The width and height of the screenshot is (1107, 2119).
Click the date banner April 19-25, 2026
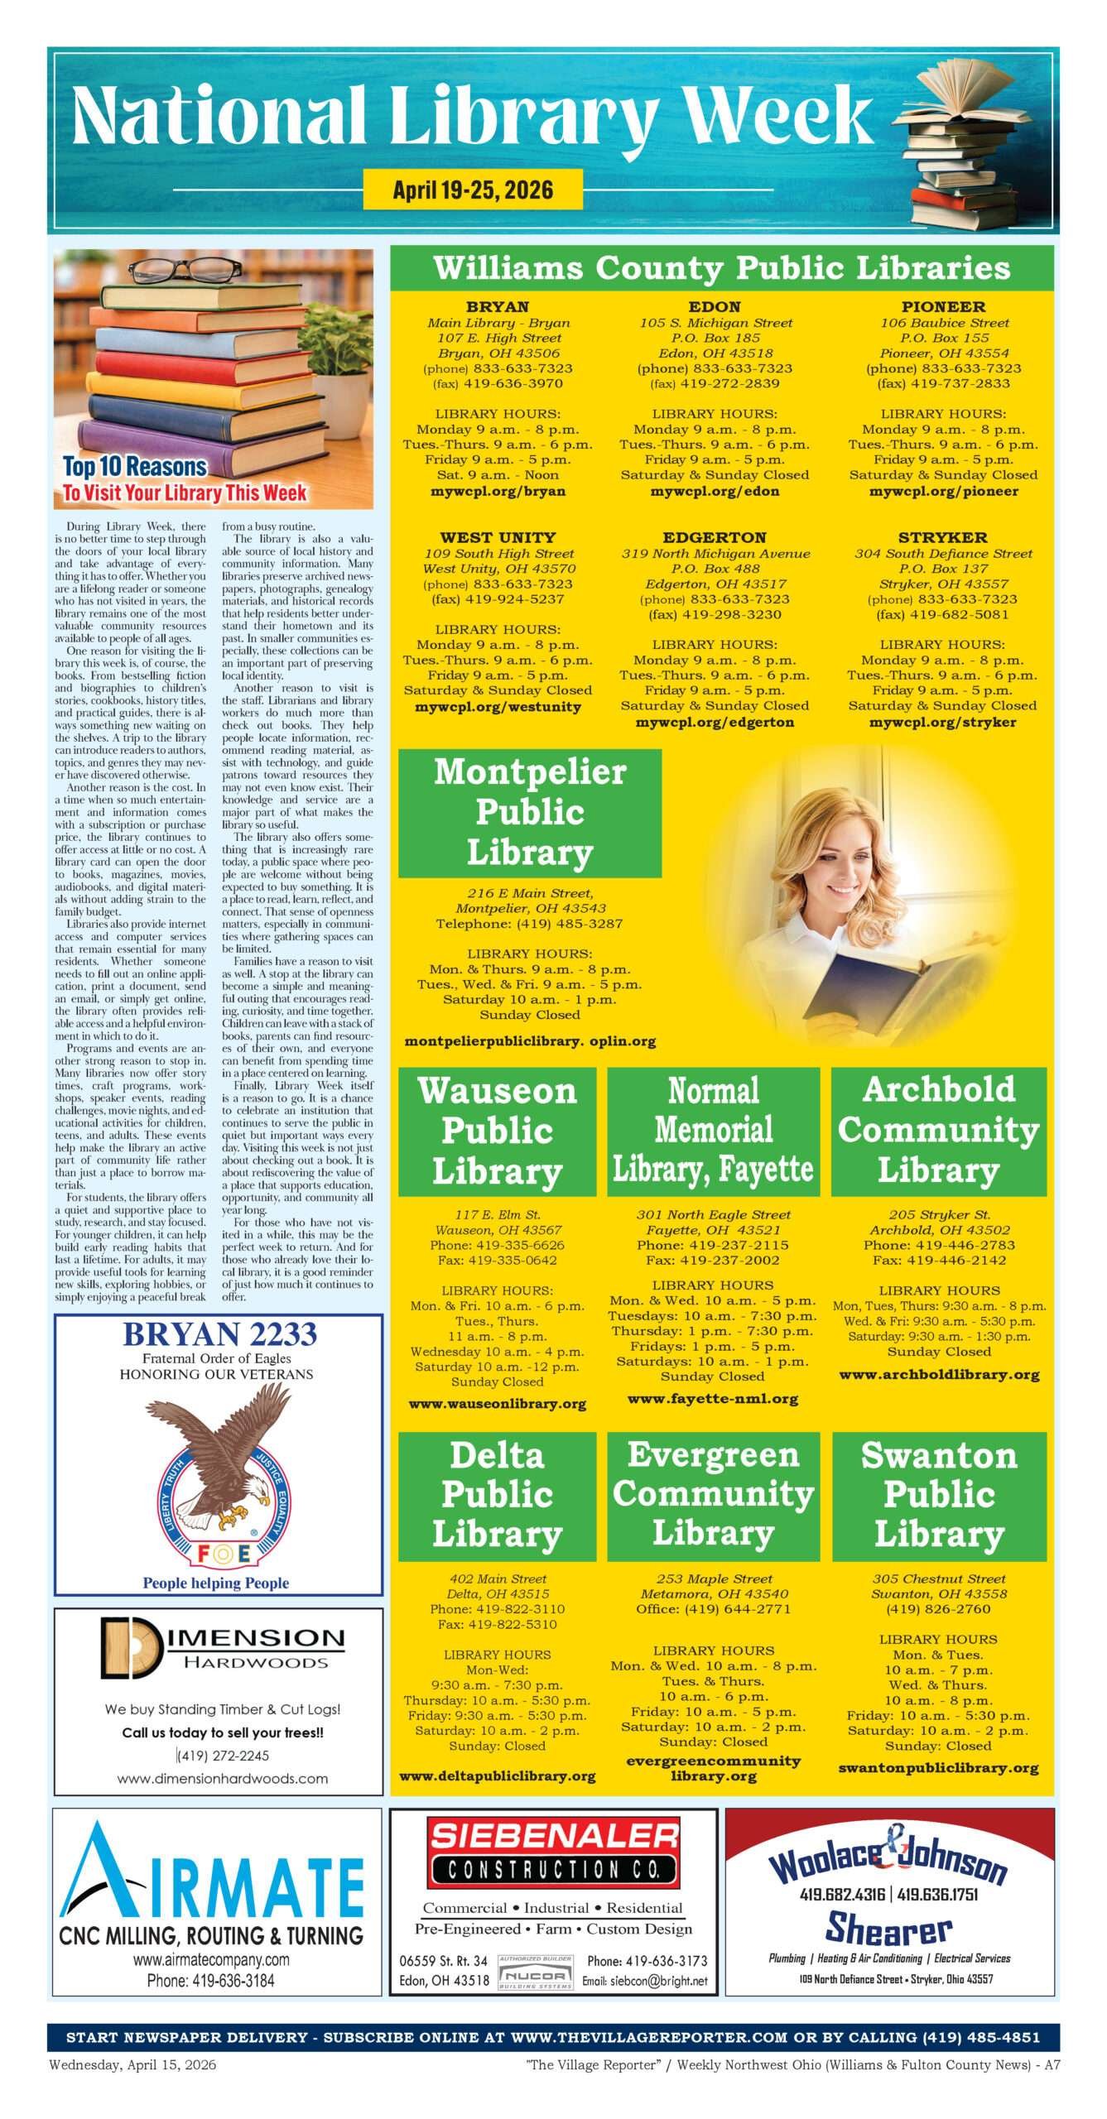tap(473, 190)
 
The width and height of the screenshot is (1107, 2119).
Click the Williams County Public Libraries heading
tap(721, 268)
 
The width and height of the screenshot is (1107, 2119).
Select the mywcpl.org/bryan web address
tap(498, 491)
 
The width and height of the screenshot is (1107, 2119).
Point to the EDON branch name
tap(715, 307)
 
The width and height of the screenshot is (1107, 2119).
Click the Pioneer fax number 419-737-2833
tap(943, 384)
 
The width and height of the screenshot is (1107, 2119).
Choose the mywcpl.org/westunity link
tap(498, 707)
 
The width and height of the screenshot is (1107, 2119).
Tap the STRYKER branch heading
tap(942, 537)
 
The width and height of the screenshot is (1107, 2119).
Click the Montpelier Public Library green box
tap(530, 812)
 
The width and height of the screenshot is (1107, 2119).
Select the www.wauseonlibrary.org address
tap(498, 1404)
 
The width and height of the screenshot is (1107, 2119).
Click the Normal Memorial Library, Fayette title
tap(714, 1130)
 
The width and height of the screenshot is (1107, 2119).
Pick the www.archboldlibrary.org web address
tap(939, 1375)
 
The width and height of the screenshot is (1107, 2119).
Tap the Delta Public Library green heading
tap(498, 1496)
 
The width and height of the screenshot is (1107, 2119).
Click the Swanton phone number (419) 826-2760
tap(938, 1609)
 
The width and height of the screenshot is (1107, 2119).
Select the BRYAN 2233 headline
tap(219, 1334)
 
